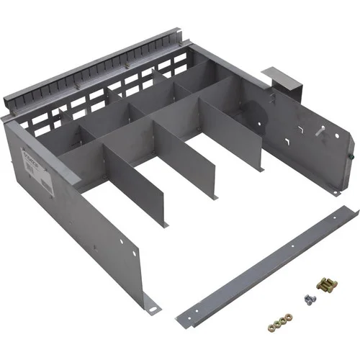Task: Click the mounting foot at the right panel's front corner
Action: pos(334,191)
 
